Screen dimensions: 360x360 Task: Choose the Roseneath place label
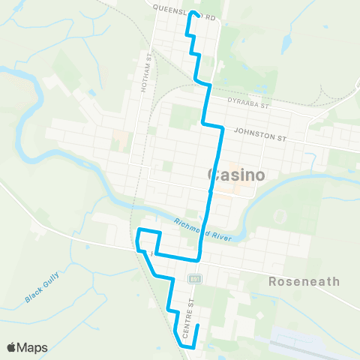pyautogui.click(x=304, y=282)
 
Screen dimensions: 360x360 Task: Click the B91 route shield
pyautogui.click(x=194, y=279)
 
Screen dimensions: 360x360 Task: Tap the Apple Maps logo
pyautogui.click(x=27, y=347)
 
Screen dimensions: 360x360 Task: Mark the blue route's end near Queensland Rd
pyautogui.click(x=194, y=13)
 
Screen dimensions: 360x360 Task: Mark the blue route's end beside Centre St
pyautogui.click(x=196, y=325)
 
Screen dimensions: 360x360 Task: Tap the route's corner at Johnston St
pyautogui.click(x=222, y=128)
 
